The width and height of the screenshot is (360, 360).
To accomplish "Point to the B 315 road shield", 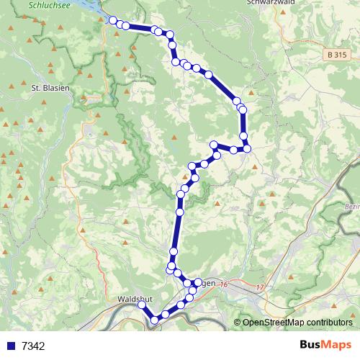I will click(x=336, y=54).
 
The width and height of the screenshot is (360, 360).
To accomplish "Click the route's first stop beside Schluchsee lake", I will click(x=113, y=20).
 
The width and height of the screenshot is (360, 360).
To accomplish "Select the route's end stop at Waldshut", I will click(x=142, y=306).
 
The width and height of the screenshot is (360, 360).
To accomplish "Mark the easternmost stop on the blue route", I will click(x=247, y=148).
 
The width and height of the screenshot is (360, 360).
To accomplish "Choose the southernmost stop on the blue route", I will click(x=155, y=320).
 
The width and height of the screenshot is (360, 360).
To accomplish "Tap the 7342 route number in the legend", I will click(x=33, y=346).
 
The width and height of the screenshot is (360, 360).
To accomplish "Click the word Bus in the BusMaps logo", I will click(x=311, y=345).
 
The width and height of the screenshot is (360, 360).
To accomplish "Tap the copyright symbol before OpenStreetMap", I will click(x=238, y=323).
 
